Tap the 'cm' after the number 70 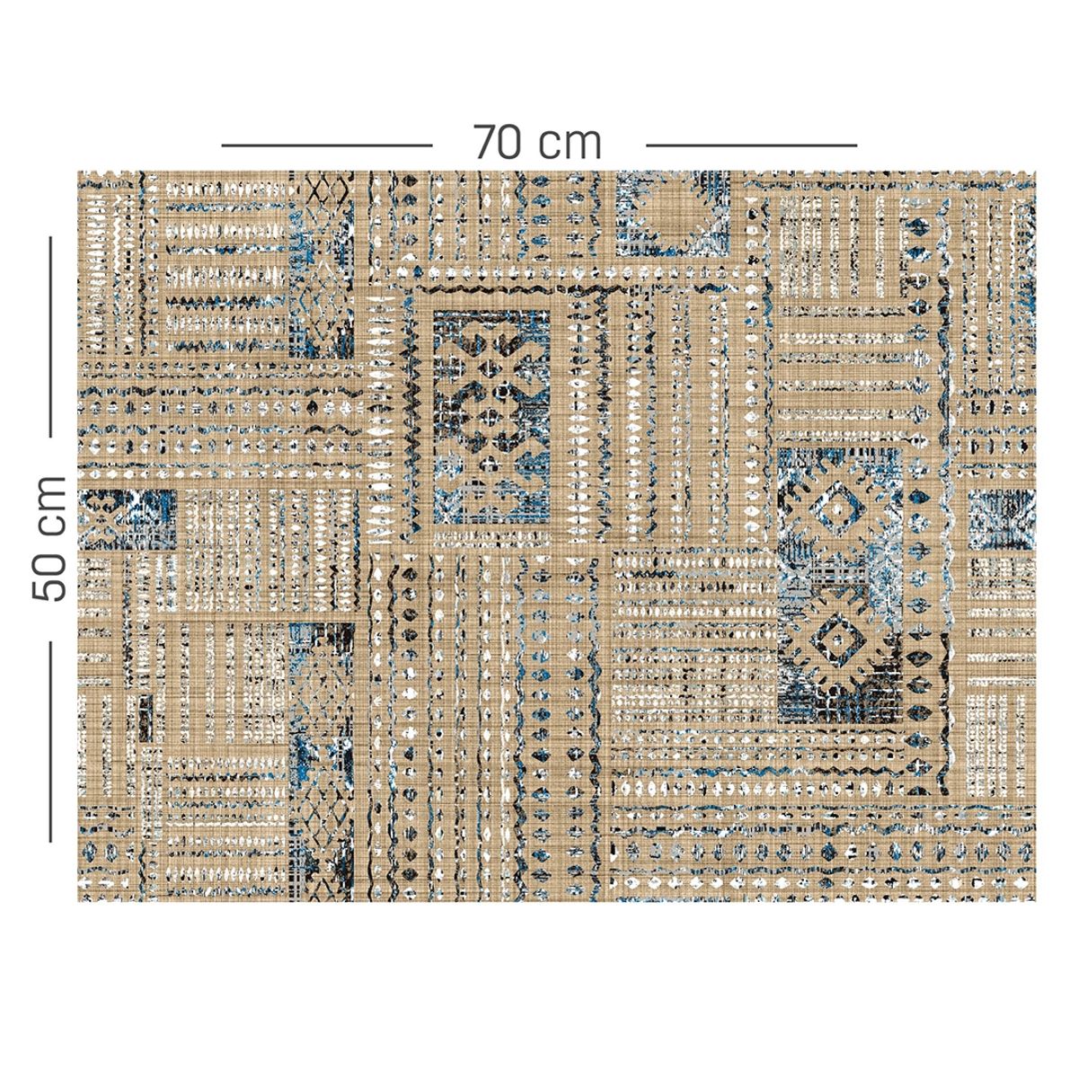click(571, 144)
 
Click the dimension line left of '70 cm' click(327, 144)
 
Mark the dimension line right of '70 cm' click(751, 144)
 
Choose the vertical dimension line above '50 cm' click(50, 336)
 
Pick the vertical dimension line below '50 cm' click(50, 740)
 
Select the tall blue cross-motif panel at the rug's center click(491, 417)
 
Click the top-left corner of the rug click(79, 172)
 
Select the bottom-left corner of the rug click(79, 900)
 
